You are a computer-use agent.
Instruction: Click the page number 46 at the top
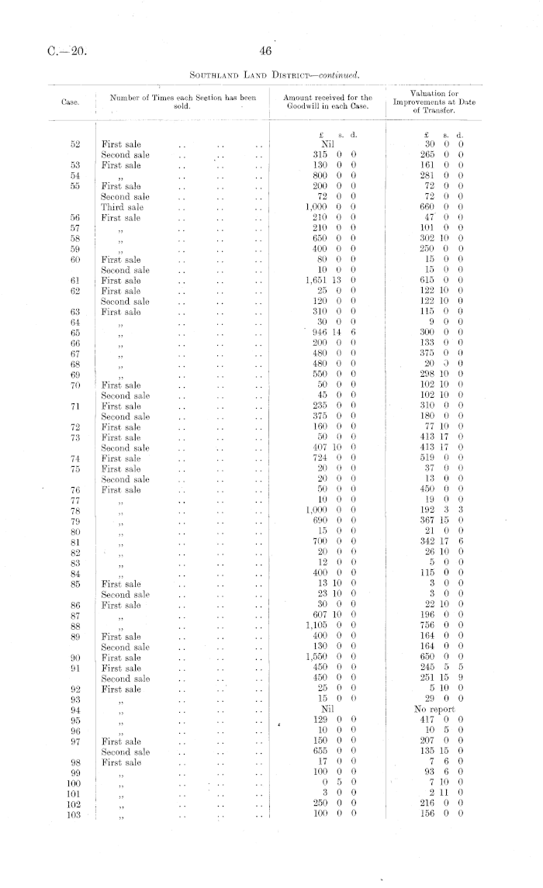pos(265,52)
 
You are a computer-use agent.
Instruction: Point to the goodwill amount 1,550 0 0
pos(330,656)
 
